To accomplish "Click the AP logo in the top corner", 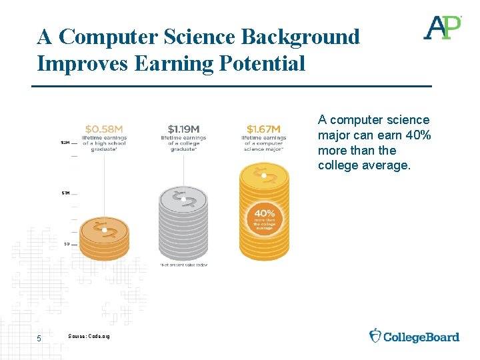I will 443,27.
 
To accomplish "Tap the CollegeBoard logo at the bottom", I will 414,336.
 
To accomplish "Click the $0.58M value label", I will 105,129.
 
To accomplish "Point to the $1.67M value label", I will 263,129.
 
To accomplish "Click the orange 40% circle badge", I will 263,217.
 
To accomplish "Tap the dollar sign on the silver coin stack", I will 181,198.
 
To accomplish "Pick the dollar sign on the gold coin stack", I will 264,176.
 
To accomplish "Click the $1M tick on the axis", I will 65,193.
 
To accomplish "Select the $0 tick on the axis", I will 66,244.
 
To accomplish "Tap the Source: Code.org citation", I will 89,335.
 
